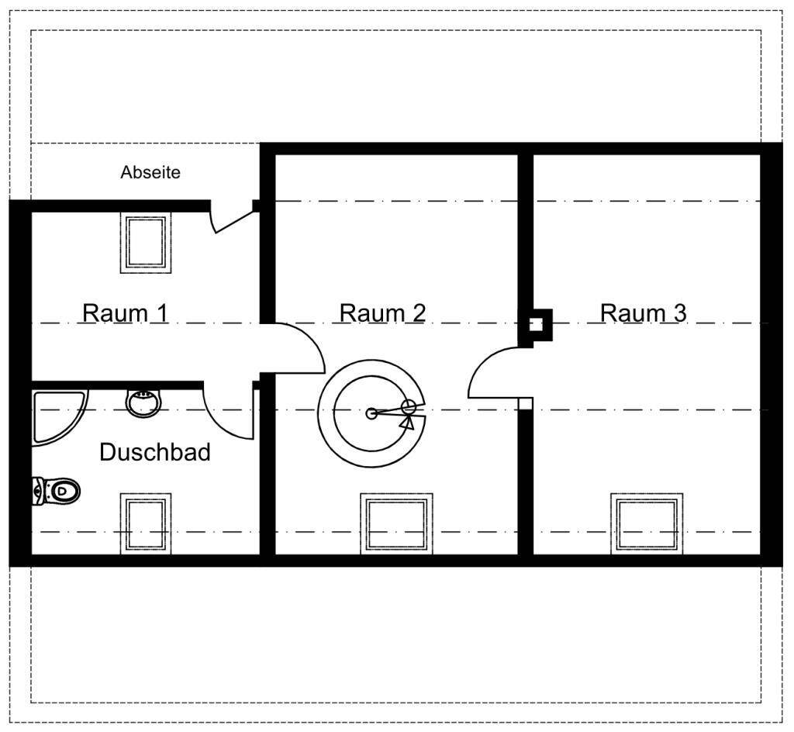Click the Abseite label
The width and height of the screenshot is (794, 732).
pyautogui.click(x=150, y=173)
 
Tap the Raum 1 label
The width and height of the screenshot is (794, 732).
pyautogui.click(x=125, y=312)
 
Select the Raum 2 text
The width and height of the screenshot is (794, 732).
pyautogui.click(x=382, y=312)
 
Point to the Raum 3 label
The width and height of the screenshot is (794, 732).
pyautogui.click(x=643, y=312)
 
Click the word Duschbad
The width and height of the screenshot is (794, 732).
pyautogui.click(x=155, y=452)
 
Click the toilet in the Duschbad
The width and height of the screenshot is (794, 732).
pyautogui.click(x=56, y=491)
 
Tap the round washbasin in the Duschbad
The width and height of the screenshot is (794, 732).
pyautogui.click(x=143, y=403)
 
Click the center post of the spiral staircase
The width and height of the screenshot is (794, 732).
pyautogui.click(x=371, y=413)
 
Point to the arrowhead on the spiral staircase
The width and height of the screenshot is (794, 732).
pyautogui.click(x=408, y=423)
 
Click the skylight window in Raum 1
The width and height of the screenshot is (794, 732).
pyautogui.click(x=146, y=243)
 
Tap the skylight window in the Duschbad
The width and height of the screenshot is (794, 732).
pyautogui.click(x=146, y=523)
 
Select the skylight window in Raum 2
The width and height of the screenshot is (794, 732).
pyautogui.click(x=396, y=523)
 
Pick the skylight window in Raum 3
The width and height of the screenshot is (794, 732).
pyautogui.click(x=647, y=523)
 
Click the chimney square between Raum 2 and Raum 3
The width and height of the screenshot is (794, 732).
pyautogui.click(x=536, y=324)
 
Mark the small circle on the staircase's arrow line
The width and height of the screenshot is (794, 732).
pyautogui.click(x=408, y=407)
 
